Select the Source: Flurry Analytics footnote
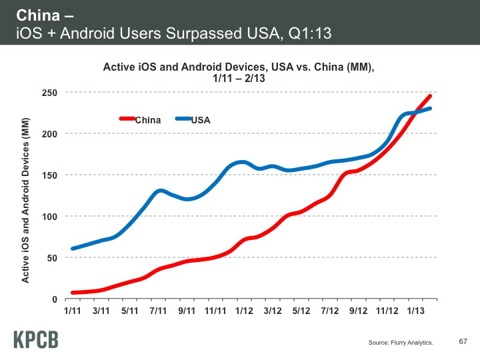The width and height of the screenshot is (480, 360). pyautogui.click(x=401, y=343)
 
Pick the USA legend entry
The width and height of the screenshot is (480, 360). pyautogui.click(x=201, y=120)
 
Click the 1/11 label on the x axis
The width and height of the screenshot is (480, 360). pyautogui.click(x=72, y=311)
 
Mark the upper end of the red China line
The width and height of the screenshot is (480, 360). pyautogui.click(x=430, y=96)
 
